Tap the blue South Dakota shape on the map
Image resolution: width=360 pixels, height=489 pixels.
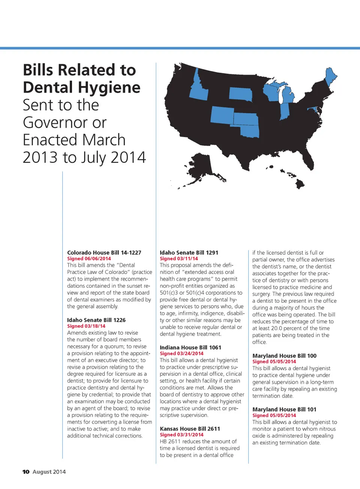click(240, 94)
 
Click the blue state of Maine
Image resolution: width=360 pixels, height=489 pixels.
click(330, 77)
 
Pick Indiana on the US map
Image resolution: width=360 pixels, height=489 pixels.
click(285, 112)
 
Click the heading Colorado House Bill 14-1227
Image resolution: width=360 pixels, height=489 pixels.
click(104, 253)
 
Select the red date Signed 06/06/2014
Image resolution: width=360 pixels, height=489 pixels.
click(89, 259)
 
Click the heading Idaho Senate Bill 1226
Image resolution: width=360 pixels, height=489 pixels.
click(96, 320)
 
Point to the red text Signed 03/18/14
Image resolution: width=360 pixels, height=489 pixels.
click(86, 326)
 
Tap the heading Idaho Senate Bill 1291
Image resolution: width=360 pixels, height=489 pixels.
click(189, 253)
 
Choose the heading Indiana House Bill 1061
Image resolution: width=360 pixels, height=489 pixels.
click(190, 347)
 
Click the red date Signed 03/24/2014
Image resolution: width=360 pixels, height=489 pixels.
click(181, 353)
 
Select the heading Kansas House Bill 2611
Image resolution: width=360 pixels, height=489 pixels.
click(190, 429)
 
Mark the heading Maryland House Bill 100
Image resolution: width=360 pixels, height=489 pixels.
click(284, 356)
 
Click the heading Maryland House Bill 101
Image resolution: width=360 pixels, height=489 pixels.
click(284, 410)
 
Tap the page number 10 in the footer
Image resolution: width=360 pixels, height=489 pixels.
click(26, 472)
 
